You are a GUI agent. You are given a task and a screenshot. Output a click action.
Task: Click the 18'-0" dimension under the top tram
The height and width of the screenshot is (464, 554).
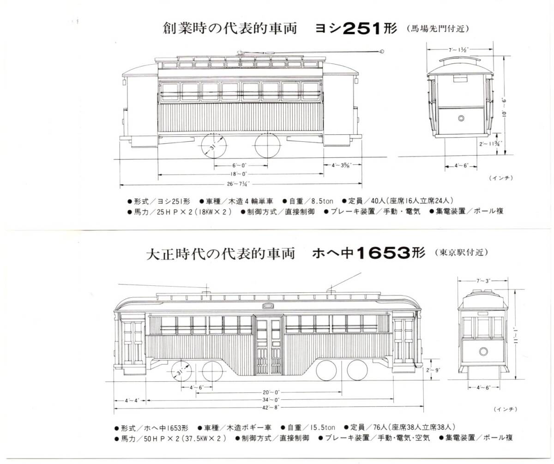240,174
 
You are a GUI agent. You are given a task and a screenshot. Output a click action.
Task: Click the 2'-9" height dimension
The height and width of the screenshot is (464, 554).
435,369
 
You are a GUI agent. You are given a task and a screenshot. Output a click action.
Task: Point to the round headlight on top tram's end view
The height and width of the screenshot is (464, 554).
461,118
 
